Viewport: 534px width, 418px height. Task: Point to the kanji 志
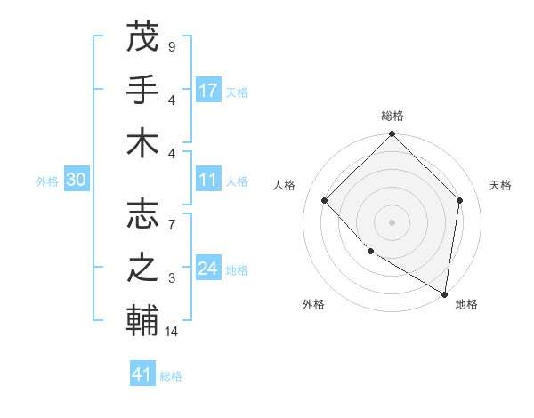(142, 214)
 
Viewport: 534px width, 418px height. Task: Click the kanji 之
(142, 268)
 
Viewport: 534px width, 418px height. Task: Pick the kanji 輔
(142, 321)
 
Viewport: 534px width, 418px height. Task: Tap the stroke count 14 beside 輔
(172, 332)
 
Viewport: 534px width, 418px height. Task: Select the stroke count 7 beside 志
(171, 216)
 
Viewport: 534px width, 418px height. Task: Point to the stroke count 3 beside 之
(171, 279)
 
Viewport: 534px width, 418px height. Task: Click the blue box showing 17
(208, 91)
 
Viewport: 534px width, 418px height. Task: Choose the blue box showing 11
(208, 181)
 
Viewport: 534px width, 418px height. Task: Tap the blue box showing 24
(208, 269)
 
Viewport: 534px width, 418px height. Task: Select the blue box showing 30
(76, 181)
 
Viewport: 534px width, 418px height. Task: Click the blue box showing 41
(142, 374)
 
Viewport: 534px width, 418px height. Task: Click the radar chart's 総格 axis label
(392, 116)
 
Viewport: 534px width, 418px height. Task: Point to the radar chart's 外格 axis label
(313, 304)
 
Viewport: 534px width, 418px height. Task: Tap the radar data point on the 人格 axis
(325, 201)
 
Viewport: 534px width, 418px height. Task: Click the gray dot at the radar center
(392, 222)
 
